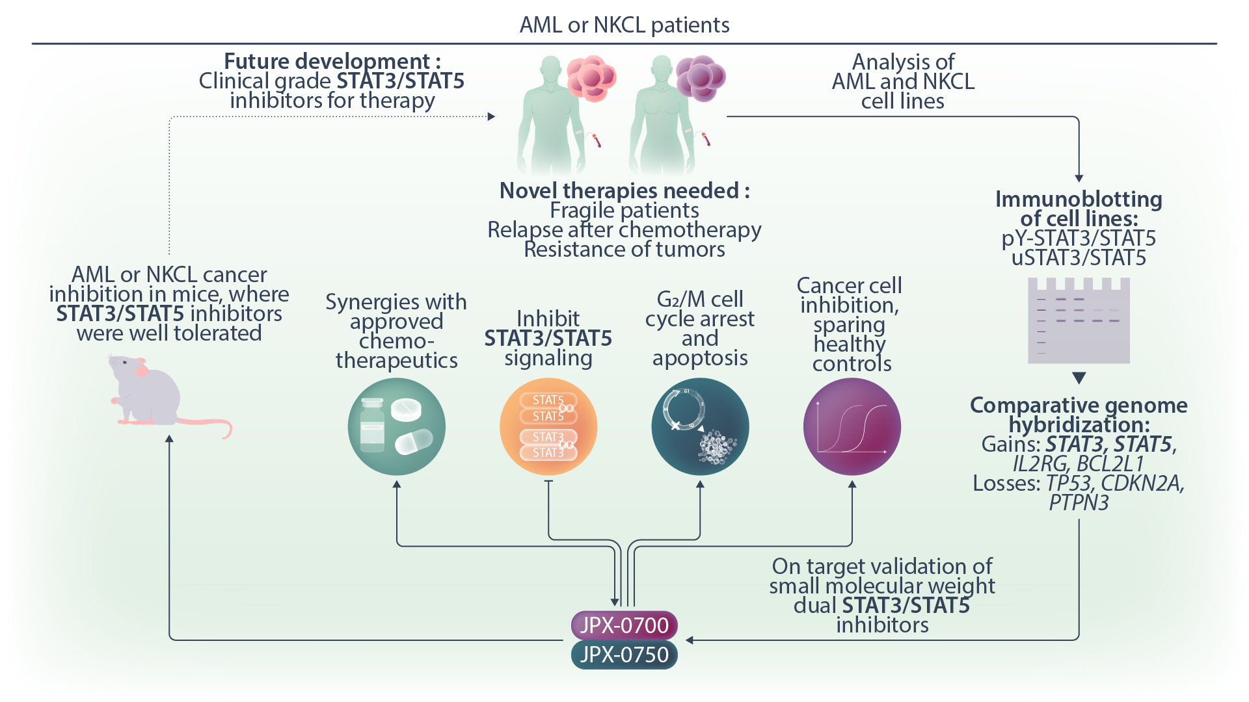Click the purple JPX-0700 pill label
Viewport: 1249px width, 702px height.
624,625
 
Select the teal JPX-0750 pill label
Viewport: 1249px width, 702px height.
624,655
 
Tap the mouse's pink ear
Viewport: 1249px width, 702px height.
141,370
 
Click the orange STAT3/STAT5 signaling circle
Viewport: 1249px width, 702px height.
548,426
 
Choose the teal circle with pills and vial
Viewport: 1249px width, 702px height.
396,426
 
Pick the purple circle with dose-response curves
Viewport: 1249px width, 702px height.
852,426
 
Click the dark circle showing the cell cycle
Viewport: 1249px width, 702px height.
700,426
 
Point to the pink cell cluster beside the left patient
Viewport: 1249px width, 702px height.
591,78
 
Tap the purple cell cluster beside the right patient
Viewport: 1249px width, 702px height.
700,78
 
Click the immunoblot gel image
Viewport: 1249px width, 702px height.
1079,320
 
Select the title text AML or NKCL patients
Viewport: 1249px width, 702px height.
624,25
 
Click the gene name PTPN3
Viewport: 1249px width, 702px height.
1079,503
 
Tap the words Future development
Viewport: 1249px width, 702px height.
327,61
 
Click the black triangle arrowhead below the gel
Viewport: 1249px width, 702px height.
1079,378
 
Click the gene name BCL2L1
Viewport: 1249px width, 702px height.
1110,464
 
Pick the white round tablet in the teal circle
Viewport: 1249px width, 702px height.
407,409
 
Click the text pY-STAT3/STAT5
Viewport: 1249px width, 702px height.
1079,239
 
